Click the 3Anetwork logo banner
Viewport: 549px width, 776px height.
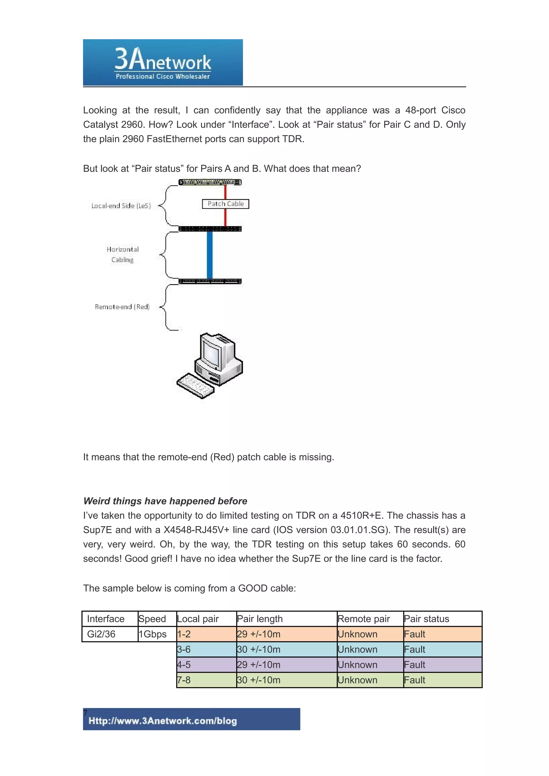(163, 63)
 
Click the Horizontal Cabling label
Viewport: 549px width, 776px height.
(123, 254)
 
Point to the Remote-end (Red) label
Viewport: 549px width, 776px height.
(122, 307)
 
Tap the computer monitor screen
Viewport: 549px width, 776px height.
(210, 352)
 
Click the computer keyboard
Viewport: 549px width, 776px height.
(195, 385)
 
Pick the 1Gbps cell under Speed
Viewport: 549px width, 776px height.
(153, 634)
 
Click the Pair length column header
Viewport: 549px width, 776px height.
(260, 619)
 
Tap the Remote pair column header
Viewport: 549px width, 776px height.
(364, 619)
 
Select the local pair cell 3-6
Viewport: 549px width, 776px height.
(184, 649)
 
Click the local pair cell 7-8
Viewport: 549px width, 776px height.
(184, 680)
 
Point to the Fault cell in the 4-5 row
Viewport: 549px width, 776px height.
(415, 665)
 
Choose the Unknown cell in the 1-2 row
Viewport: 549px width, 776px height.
(358, 634)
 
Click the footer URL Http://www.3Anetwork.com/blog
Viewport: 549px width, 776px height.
(163, 721)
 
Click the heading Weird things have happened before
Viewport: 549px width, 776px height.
(165, 501)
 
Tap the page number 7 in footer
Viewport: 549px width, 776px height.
(85, 713)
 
